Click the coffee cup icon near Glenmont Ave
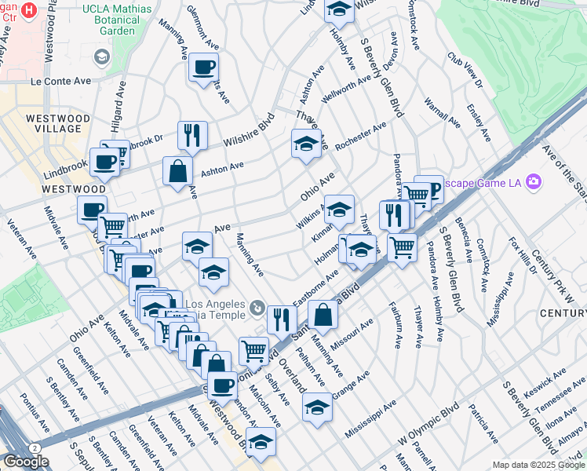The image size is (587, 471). [x=203, y=67]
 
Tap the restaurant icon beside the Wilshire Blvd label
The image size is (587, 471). [x=192, y=134]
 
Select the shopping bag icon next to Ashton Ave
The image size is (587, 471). [x=178, y=170]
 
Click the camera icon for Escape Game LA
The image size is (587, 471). [x=535, y=182]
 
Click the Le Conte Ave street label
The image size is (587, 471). [x=61, y=81]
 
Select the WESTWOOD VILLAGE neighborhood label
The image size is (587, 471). [x=53, y=122]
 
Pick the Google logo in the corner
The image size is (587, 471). [x=26, y=462]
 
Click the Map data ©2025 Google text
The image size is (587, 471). [x=538, y=465]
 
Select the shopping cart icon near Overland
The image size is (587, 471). [x=253, y=350]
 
